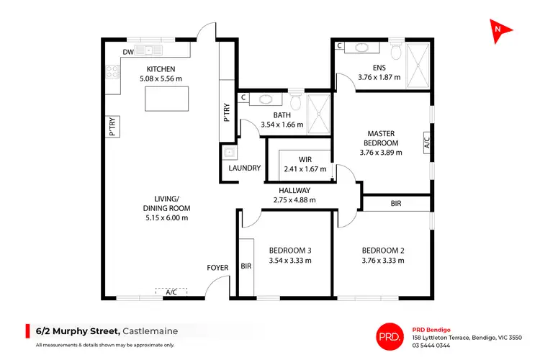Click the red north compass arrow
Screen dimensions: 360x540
click(x=500, y=30)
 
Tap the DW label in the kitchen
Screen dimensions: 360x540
click(x=127, y=52)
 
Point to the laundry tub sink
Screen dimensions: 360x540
click(x=229, y=153)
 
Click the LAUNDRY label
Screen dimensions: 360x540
click(x=244, y=168)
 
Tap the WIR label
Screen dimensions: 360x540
click(x=305, y=159)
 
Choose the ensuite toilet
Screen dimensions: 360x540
click(x=395, y=52)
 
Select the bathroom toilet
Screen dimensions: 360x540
click(x=295, y=99)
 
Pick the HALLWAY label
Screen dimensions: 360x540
click(x=294, y=190)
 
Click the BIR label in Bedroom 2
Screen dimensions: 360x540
click(x=396, y=204)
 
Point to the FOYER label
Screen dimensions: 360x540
click(x=217, y=268)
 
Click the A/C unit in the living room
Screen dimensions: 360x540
click(x=171, y=292)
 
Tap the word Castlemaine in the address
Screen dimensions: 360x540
click(x=150, y=331)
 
